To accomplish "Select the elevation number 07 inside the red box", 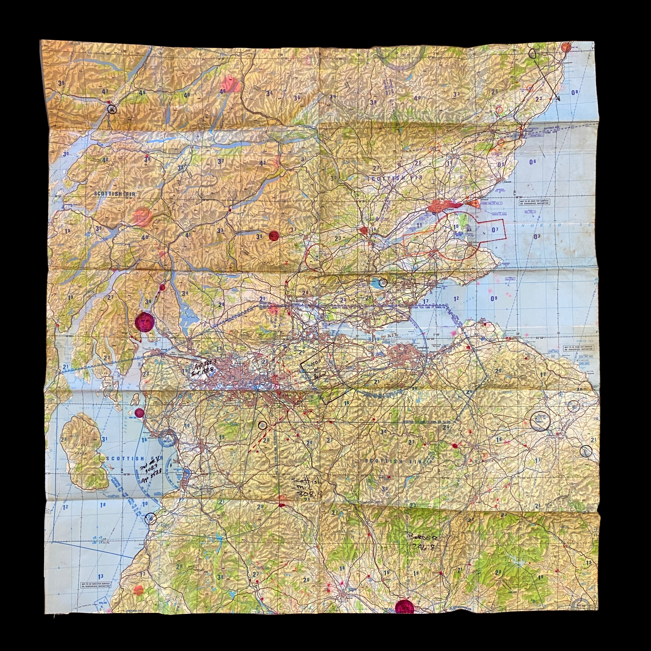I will coord(494,230).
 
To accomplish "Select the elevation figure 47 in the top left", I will coord(105,91).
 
